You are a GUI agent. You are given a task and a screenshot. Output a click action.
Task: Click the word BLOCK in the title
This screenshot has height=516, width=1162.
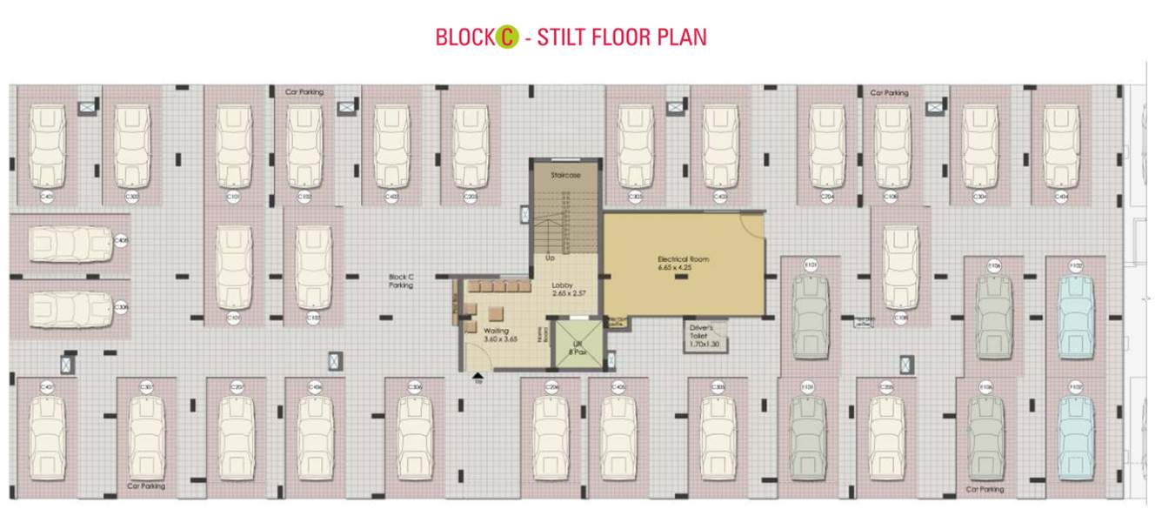pyautogui.click(x=464, y=37)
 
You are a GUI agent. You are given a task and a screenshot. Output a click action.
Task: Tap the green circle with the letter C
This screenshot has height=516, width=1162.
pyautogui.click(x=507, y=37)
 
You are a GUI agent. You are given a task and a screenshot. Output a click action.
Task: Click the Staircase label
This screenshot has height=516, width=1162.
pyautogui.click(x=565, y=176)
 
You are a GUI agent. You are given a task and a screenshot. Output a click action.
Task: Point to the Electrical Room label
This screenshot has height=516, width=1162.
pyautogui.click(x=685, y=259)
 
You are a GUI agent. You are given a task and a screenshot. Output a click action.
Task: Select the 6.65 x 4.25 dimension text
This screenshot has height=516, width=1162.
pyautogui.click(x=685, y=268)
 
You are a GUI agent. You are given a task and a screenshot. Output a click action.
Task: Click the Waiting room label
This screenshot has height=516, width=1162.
pyautogui.click(x=496, y=331)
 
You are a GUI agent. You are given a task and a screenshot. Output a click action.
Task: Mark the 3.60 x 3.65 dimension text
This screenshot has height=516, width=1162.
pyautogui.click(x=500, y=339)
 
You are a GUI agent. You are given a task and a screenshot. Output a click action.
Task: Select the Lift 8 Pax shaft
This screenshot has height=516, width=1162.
pyautogui.click(x=577, y=345)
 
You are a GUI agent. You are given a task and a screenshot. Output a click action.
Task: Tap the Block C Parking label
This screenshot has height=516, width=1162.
pyautogui.click(x=401, y=281)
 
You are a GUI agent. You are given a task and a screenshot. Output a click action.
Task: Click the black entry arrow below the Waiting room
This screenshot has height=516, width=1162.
pyautogui.click(x=477, y=377)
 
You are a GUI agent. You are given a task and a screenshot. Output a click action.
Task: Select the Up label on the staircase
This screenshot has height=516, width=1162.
pyautogui.click(x=550, y=258)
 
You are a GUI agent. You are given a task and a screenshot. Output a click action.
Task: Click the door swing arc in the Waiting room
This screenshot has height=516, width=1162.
pyautogui.click(x=477, y=357)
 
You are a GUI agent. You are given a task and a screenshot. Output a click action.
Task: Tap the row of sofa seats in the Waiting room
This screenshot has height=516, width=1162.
pyautogui.click(x=498, y=286)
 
